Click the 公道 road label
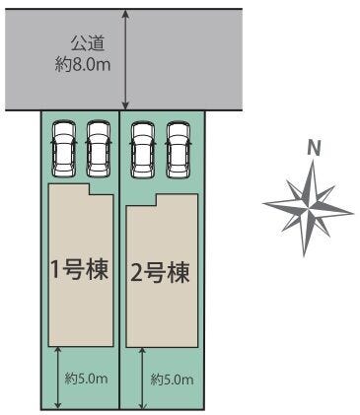[88, 44]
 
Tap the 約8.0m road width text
[83, 64]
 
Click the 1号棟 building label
[80, 270]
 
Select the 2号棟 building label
[160, 273]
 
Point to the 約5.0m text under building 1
[86, 379]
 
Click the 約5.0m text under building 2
[172, 380]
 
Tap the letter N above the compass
[314, 149]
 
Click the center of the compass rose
[308, 208]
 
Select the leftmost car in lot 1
[64, 150]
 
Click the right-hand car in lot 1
[99, 150]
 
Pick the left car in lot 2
[143, 150]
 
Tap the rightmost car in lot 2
[179, 150]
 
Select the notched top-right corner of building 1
[89, 195]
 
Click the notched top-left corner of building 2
[156, 206]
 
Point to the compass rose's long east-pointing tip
[353, 213]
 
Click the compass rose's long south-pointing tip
[305, 256]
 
